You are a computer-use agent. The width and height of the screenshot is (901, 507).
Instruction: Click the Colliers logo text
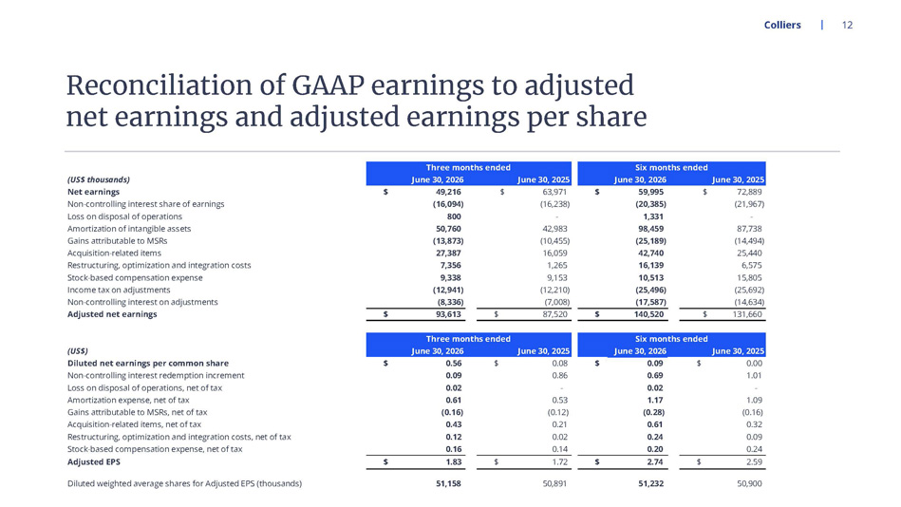(782, 25)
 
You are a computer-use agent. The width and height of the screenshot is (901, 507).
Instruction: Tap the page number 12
(847, 25)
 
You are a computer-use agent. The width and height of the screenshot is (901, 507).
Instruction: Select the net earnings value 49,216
(448, 192)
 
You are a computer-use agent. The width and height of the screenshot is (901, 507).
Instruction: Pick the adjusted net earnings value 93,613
(448, 314)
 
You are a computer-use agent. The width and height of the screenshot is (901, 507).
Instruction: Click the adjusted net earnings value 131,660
(747, 314)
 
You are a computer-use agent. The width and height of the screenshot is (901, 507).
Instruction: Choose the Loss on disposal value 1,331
(653, 216)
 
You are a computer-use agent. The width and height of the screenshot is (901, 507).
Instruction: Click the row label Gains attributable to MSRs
(117, 241)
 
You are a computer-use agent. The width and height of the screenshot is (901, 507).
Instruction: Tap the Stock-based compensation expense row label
(135, 277)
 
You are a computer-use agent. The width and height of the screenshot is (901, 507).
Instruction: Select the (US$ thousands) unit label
(98, 179)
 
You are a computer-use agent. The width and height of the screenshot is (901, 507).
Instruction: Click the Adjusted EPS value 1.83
(454, 462)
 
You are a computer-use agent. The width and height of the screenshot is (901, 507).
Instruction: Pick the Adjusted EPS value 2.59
(754, 462)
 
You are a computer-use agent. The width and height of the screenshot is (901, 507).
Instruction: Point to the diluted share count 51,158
(448, 484)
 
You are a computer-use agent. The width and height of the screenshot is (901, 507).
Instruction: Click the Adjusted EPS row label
(94, 462)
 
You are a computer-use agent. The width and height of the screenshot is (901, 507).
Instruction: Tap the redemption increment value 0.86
(559, 375)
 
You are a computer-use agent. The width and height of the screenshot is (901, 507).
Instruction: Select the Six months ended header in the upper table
(671, 167)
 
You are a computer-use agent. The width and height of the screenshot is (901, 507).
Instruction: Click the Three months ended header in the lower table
(468, 339)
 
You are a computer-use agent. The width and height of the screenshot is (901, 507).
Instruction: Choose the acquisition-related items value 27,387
(448, 253)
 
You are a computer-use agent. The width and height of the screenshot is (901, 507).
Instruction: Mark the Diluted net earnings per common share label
(148, 364)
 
